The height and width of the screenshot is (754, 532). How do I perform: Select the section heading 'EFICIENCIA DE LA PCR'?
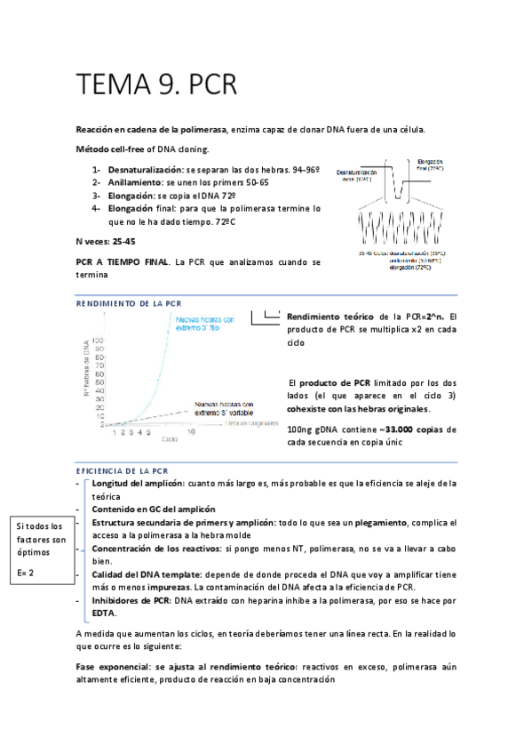coord(123,469)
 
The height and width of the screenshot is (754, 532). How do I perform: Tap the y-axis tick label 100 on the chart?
coord(99,340)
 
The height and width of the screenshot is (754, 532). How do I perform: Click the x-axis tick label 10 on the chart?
coord(191,430)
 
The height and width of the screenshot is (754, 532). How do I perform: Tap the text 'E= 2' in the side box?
coord(28,573)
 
